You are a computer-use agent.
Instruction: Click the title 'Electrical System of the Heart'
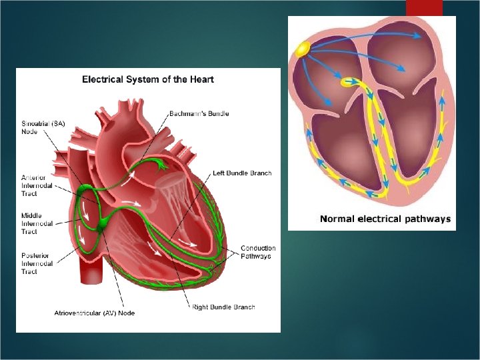click(148, 79)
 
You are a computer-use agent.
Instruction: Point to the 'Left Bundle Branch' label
click(242, 173)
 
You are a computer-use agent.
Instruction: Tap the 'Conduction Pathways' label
click(258, 253)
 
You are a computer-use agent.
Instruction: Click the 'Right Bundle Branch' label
click(223, 307)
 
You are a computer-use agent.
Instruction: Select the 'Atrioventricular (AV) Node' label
click(90, 313)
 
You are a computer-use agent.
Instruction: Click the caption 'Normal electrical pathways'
click(385, 219)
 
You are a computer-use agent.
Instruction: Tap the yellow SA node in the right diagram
click(303, 49)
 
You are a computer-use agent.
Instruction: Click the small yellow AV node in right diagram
click(347, 83)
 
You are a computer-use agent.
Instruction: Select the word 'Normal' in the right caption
click(337, 219)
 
